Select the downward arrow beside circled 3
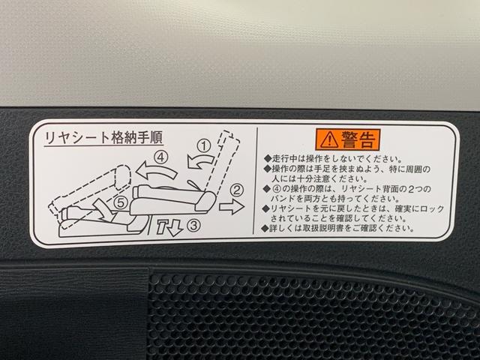[x=170, y=224]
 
